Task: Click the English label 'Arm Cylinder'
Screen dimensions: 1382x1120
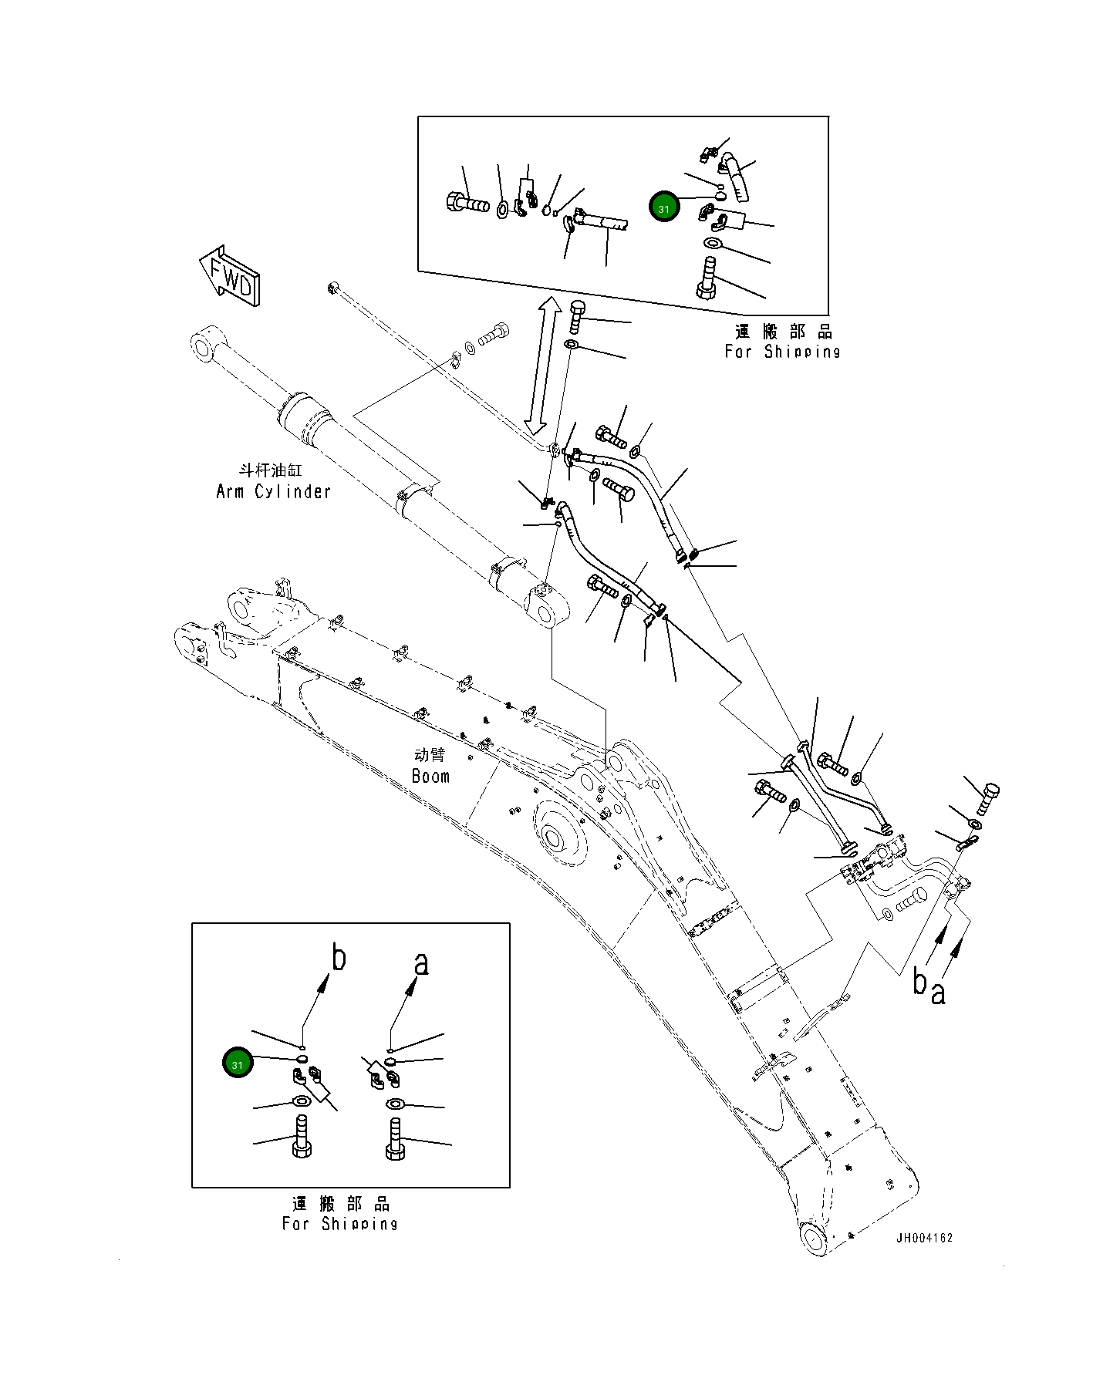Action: pos(273,492)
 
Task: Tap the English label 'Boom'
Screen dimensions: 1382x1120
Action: pos(430,776)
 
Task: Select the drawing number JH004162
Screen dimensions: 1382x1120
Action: pos(924,1238)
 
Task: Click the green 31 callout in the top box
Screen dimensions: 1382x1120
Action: pos(663,208)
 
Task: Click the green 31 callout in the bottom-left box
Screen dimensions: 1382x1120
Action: pos(237,1064)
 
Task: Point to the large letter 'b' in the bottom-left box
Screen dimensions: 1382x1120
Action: pos(338,958)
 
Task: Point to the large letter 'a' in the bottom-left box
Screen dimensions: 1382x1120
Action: pos(420,963)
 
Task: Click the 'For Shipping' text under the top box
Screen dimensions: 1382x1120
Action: pos(781,352)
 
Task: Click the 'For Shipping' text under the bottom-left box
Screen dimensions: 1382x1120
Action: pos(339,1223)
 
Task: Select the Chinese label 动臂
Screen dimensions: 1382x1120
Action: pos(430,755)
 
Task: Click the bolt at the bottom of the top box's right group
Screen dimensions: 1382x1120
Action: pos(707,279)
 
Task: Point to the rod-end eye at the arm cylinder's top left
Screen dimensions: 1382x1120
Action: pos(204,346)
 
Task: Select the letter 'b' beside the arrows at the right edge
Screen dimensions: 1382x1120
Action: pos(920,983)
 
